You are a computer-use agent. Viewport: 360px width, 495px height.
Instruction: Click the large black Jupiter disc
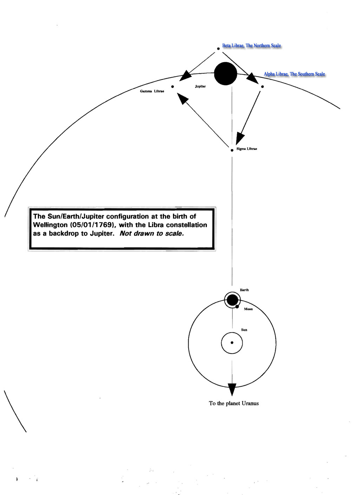225,74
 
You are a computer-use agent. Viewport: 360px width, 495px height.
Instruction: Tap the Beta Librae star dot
218,48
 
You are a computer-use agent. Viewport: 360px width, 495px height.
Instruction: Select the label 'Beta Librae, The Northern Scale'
251,46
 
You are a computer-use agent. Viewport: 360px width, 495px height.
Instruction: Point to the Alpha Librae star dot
262,87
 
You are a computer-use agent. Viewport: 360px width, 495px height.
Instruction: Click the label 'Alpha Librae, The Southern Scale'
294,74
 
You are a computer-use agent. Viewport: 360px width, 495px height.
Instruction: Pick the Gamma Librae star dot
172,87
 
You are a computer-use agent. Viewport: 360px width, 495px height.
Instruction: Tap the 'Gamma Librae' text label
152,91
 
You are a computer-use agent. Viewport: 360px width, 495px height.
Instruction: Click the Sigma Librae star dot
232,150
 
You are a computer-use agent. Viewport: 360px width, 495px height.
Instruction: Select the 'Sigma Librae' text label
247,149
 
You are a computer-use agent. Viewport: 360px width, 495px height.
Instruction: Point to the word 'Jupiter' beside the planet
200,86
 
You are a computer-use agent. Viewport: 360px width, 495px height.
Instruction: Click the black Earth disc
232,300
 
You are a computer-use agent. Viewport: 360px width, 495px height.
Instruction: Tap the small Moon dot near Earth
237,306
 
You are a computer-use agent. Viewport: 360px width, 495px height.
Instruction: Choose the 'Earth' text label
244,290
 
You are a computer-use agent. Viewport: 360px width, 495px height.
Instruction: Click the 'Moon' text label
248,309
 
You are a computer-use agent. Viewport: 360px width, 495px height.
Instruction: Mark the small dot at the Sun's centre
232,343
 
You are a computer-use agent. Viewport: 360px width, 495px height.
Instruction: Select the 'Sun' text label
244,330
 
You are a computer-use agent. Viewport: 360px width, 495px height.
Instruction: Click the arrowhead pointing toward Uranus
232,390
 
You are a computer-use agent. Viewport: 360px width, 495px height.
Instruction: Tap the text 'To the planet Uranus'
234,403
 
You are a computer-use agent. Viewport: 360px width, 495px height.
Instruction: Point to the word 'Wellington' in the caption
50,225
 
